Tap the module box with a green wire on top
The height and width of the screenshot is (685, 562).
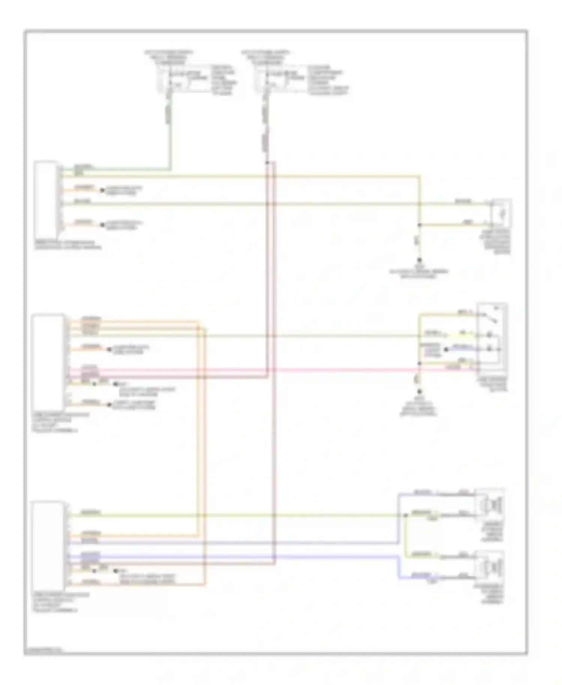point(46,199)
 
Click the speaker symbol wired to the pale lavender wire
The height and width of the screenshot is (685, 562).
point(490,504)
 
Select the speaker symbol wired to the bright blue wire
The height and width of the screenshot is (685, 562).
point(490,567)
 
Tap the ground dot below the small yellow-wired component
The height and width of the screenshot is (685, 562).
point(419,260)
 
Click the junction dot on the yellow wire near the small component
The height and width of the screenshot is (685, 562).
point(419,225)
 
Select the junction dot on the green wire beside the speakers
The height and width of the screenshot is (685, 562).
point(405,515)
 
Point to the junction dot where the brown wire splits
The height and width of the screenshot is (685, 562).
point(267,163)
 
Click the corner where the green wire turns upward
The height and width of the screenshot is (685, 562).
point(171,169)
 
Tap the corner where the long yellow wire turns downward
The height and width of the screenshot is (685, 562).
point(419,175)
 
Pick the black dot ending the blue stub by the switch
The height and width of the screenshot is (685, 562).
point(446,350)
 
